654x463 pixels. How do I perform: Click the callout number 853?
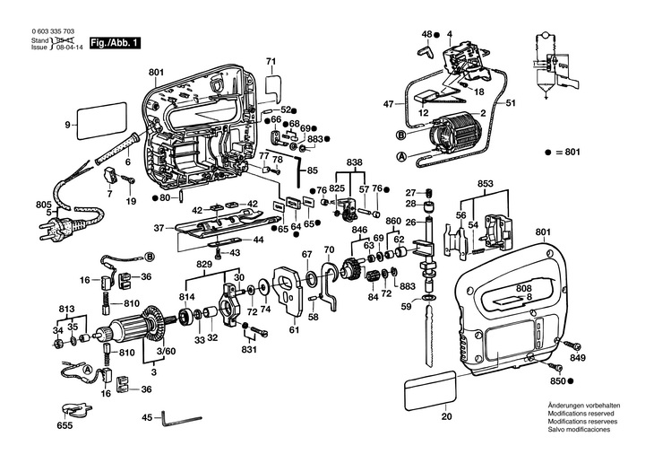[x=485, y=184]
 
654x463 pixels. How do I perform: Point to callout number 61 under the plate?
[x=293, y=330]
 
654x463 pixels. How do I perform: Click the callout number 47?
[x=388, y=104]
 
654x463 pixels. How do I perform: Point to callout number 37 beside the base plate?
[x=159, y=228]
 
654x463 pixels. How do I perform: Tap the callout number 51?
[x=512, y=104]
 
